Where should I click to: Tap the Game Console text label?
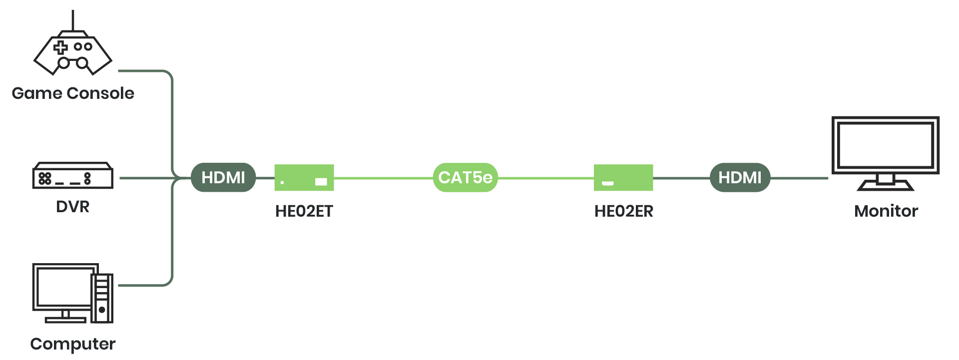[x=73, y=93]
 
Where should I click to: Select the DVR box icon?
[x=73, y=175]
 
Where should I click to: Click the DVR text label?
[x=73, y=207]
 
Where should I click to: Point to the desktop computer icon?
[x=73, y=293]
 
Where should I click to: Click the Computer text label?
[x=73, y=344]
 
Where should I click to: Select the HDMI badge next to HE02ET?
[x=223, y=177]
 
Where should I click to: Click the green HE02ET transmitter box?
[x=304, y=178]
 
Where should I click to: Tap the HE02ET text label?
[x=304, y=211]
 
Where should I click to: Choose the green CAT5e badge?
[x=465, y=177]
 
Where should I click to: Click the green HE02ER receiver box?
[x=623, y=178]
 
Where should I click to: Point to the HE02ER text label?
[x=624, y=211]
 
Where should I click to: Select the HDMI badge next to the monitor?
[x=740, y=177]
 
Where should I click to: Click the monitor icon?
[x=886, y=154]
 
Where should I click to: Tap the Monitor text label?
[x=886, y=211]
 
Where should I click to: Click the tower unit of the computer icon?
[x=102, y=298]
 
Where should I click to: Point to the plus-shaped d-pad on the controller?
[x=60, y=47]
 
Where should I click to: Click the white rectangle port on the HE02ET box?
[x=321, y=182]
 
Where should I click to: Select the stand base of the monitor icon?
[x=886, y=186]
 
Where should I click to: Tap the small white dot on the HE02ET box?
[x=282, y=182]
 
